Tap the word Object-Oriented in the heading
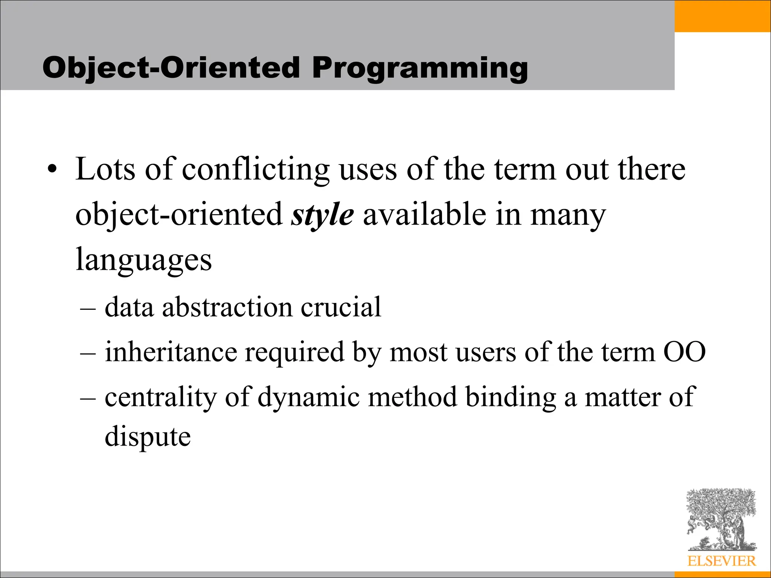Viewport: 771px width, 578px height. click(x=171, y=68)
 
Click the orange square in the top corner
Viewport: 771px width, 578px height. click(x=722, y=16)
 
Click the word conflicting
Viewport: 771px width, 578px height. click(x=256, y=170)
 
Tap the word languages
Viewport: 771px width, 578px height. click(x=143, y=260)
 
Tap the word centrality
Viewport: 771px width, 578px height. click(x=161, y=397)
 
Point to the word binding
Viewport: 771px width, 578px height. click(x=510, y=397)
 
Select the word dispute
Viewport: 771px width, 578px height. click(x=148, y=437)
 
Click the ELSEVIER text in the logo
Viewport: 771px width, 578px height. click(x=721, y=561)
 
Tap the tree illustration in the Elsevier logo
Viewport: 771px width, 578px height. click(x=721, y=519)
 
